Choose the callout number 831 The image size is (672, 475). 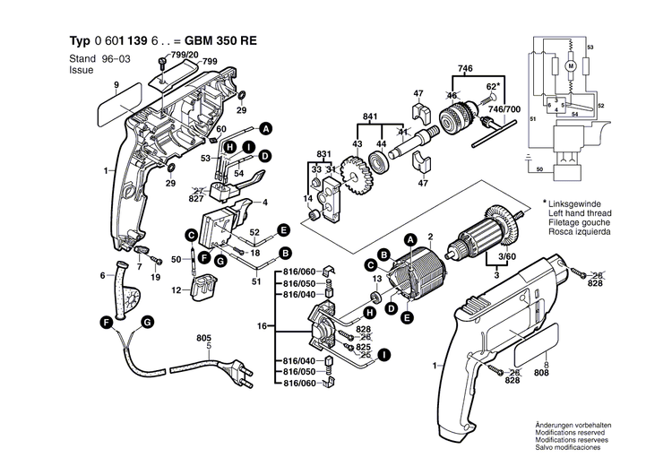pos(323,154)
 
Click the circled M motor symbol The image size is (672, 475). pos(570,65)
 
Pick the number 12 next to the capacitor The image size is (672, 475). pos(177,289)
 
